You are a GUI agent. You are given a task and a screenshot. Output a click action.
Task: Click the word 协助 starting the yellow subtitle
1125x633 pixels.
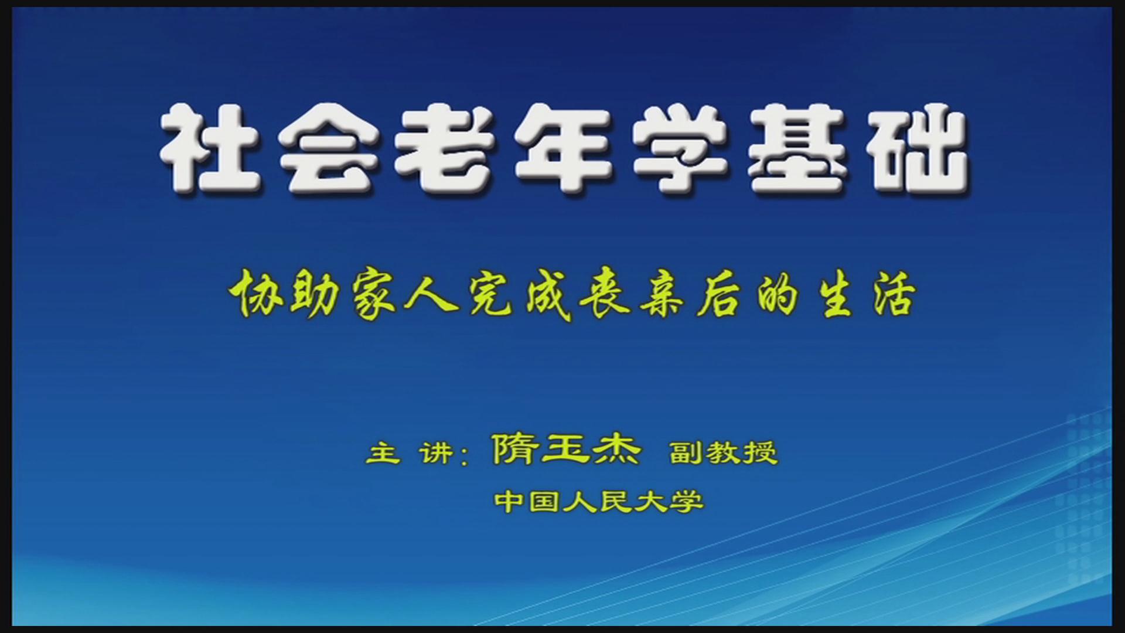[284, 296]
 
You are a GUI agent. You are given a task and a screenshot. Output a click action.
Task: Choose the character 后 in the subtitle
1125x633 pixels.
[718, 296]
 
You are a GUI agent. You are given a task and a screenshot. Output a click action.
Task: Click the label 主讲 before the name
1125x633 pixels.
[410, 453]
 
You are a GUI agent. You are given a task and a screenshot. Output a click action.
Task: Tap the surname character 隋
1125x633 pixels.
[516, 450]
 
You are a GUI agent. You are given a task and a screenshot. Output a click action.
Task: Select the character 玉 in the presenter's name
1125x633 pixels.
[565, 450]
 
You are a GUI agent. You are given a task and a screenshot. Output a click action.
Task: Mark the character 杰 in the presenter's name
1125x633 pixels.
[615, 450]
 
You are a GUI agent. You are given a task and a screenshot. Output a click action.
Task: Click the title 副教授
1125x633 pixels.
[724, 452]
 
